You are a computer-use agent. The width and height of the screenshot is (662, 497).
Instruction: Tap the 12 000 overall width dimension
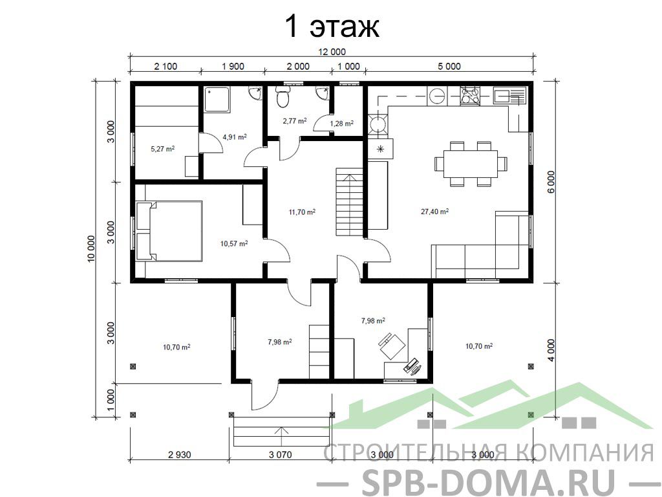(x=332, y=52)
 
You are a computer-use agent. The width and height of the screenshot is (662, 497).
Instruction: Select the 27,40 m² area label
(x=434, y=212)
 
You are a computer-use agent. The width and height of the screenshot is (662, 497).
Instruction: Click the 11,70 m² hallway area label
(x=302, y=212)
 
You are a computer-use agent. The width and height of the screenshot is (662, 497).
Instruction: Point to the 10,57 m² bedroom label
(x=234, y=243)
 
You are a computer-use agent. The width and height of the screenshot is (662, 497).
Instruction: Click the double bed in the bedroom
(x=169, y=231)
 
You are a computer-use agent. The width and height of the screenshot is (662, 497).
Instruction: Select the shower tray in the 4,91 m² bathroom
(x=217, y=100)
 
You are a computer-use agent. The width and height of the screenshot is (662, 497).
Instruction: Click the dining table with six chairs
(x=471, y=164)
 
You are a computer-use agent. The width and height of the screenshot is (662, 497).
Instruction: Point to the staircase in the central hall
(x=350, y=202)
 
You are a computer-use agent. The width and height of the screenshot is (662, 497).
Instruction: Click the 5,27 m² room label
(x=162, y=149)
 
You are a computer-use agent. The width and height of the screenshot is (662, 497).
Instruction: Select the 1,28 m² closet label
(x=341, y=124)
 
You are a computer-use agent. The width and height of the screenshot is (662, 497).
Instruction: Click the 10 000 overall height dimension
(x=92, y=248)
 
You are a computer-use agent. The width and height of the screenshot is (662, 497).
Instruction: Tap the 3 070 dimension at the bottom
(x=281, y=455)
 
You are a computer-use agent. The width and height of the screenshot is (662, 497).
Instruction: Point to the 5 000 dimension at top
(x=449, y=67)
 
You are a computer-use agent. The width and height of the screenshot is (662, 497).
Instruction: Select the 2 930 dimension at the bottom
(x=180, y=455)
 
